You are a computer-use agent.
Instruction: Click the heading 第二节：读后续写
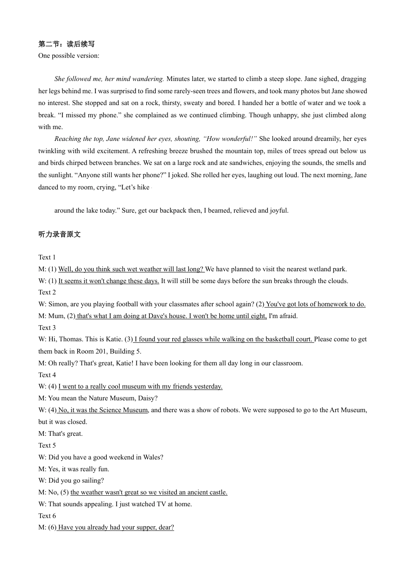tap(66, 44)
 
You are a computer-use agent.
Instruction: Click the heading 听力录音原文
tap(59, 235)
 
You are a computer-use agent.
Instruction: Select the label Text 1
tap(47, 257)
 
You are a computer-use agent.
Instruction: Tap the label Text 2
tap(47, 292)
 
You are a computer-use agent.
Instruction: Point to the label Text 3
tap(47, 328)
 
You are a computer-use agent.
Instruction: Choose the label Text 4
tap(47, 375)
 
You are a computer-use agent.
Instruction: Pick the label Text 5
tap(47, 445)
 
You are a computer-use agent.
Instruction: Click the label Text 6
tap(47, 516)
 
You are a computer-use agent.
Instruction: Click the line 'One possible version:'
tap(69, 56)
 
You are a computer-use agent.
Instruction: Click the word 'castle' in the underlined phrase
tap(218, 492)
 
